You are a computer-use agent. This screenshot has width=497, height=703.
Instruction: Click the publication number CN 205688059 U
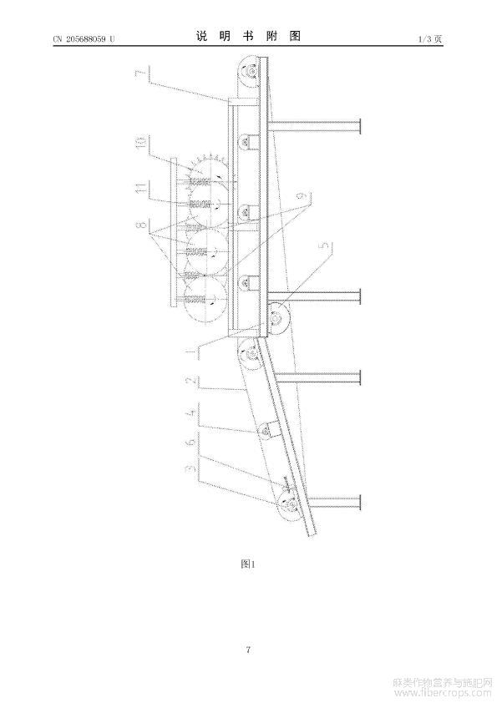(x=84, y=39)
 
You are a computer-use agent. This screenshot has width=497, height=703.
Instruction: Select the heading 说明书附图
(x=248, y=36)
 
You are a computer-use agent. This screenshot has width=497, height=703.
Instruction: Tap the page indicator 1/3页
(x=430, y=39)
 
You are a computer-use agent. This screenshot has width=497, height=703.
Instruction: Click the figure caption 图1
(x=247, y=564)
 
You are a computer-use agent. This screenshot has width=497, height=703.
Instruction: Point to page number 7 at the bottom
(x=248, y=650)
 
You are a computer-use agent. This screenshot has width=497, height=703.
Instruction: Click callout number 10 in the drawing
(x=142, y=143)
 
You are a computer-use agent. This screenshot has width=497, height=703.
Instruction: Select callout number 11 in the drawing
(x=142, y=187)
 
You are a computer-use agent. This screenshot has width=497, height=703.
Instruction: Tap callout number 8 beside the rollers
(x=142, y=224)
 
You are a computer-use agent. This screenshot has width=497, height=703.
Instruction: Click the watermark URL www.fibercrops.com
(x=442, y=694)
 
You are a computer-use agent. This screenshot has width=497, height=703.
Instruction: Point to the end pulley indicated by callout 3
(x=291, y=506)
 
